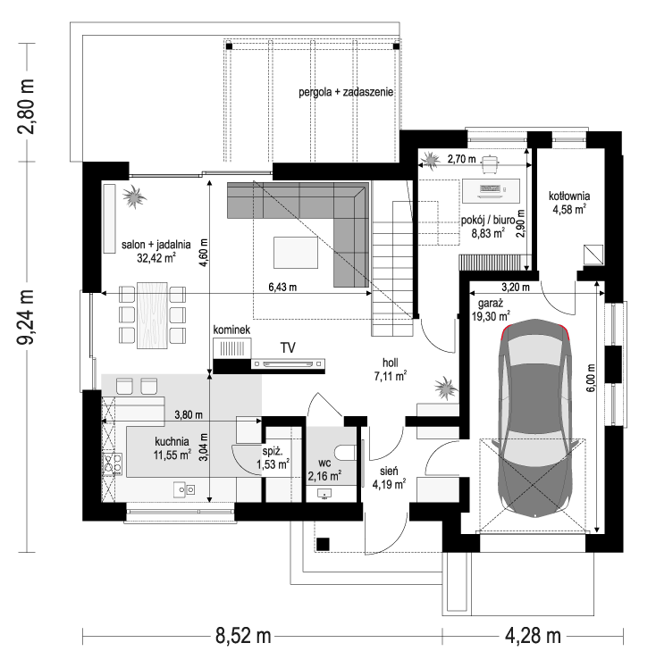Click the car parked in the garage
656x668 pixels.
coord(535,418)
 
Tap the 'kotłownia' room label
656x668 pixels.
coord(569,196)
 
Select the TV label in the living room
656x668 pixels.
coord(288,347)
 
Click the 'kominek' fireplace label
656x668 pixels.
coord(231,330)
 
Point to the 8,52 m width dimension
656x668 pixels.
coord(243,636)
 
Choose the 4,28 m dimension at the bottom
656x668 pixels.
coord(533,636)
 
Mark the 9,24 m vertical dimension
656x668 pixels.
coord(26,317)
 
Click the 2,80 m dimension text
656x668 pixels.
coord(26,106)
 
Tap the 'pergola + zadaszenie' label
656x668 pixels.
coord(346,92)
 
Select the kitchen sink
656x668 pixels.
coord(184,490)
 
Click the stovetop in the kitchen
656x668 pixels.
coord(113,464)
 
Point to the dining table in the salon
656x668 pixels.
coord(152,315)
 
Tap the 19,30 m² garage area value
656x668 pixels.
coord(491,316)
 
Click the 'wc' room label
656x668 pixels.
coord(324,463)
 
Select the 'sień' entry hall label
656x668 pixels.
coord(389,472)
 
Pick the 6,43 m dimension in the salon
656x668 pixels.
coord(282,288)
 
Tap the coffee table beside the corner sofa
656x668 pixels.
coord(296,253)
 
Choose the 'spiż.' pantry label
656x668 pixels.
coord(273,452)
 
